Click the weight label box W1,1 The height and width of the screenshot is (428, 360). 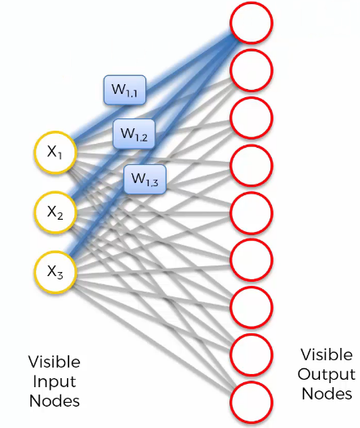(x=125, y=90)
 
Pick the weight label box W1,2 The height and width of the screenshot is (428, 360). (x=134, y=134)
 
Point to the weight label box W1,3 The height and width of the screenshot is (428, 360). (x=145, y=180)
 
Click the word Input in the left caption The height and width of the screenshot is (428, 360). (x=55, y=382)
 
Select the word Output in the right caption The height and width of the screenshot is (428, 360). (x=327, y=375)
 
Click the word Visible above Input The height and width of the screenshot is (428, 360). (x=54, y=362)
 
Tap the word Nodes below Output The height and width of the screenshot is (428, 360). (x=327, y=394)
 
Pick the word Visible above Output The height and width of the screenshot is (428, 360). (x=327, y=354)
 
